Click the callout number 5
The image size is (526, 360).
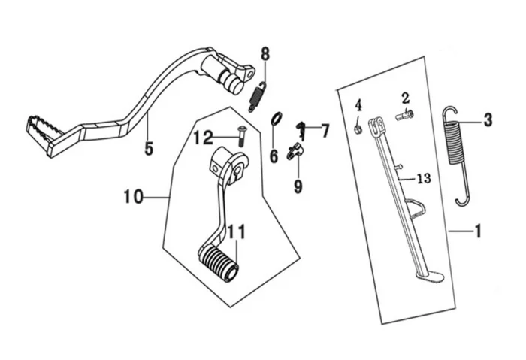149,148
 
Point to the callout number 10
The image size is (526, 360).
132,197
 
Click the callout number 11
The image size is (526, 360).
237,231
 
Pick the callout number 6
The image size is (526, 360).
274,156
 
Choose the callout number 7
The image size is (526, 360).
325,131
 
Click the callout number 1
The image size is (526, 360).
476,231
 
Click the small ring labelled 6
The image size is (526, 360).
276,119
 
